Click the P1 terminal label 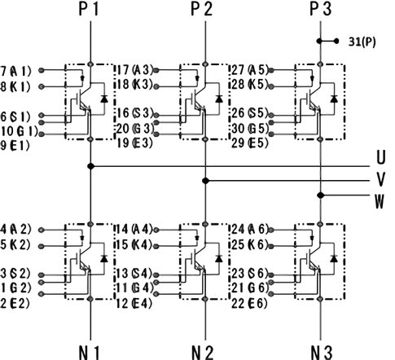tap(89, 9)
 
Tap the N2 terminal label tap(203, 353)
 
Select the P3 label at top tap(321, 9)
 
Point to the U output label tap(381, 157)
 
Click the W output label tap(380, 201)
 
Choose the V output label tap(381, 179)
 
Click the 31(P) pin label tap(362, 42)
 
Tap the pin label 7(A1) tap(15, 71)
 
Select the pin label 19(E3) tap(134, 143)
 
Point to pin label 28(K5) tap(250, 84)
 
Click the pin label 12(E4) tap(134, 303)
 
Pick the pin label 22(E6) tap(249, 303)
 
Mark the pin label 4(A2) tap(15, 230)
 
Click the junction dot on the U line tap(91, 166)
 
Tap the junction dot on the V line tap(205, 181)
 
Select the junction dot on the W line tap(321, 195)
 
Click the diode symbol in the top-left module tap(104, 99)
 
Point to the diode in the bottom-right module tap(334, 258)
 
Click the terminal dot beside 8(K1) tap(42, 86)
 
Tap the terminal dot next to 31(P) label tap(336, 42)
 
